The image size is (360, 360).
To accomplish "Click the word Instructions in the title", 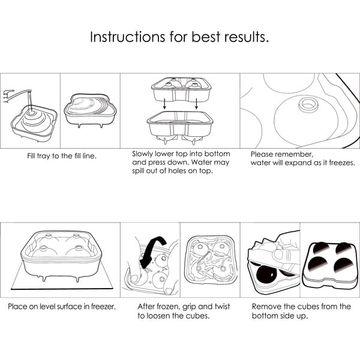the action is (127, 37).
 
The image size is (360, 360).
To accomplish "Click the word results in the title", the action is (247, 37).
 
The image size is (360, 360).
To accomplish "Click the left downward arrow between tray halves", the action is (164, 104).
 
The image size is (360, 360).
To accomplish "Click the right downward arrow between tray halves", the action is (196, 104).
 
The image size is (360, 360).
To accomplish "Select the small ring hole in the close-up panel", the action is (308, 104).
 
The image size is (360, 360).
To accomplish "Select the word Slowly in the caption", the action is (142, 154).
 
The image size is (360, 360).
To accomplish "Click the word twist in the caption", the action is (222, 307).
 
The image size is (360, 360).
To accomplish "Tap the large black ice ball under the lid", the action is (266, 274).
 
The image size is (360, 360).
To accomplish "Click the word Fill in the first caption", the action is (31, 156).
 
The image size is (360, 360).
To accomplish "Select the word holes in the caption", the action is (178, 171).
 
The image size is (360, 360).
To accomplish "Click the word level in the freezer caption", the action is (47, 307).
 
